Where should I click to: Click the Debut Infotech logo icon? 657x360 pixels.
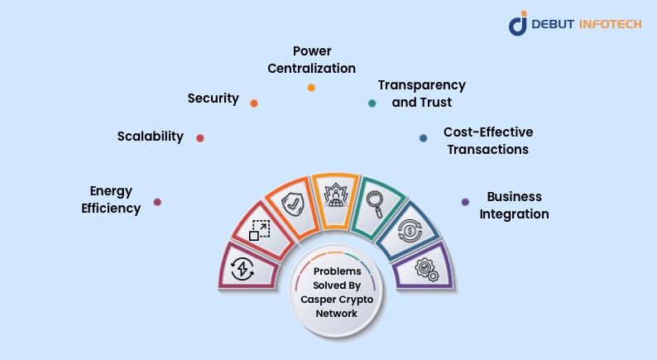(518, 23)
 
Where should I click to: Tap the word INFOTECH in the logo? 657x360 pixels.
(610, 24)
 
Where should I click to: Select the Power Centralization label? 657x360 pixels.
(312, 60)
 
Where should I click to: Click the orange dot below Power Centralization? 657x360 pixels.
(311, 88)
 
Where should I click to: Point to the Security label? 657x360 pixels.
(213, 98)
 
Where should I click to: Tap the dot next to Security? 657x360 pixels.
(254, 103)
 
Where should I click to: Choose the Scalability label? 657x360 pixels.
(151, 137)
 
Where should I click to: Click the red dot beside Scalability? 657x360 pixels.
(200, 138)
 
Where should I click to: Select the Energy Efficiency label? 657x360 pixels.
(111, 199)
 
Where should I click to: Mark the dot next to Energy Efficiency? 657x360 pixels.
(157, 202)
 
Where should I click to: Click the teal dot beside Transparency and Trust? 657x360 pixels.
(372, 103)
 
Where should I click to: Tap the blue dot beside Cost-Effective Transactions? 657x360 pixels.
(423, 138)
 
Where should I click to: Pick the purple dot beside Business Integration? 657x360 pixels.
(465, 202)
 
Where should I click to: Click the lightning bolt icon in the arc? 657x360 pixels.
(242, 269)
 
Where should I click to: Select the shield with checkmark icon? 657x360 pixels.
(292, 204)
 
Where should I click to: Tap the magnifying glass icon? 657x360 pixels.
(375, 204)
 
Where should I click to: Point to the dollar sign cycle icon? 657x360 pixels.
(410, 231)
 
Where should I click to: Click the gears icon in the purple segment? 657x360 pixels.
(426, 269)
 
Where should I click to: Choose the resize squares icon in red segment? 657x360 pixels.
(259, 230)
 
